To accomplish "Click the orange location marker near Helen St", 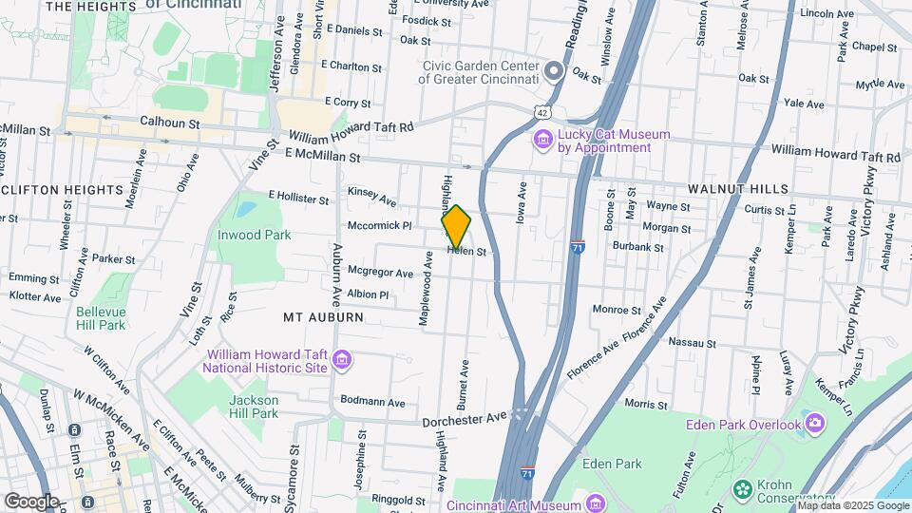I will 456,226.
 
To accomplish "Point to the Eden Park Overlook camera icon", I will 814,423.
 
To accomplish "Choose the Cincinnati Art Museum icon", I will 596,503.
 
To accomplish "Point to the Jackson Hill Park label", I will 254,407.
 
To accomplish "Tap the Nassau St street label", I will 692,342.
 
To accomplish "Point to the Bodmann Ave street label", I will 372,402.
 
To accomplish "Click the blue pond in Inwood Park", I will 246,207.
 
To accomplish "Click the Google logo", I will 31,501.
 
